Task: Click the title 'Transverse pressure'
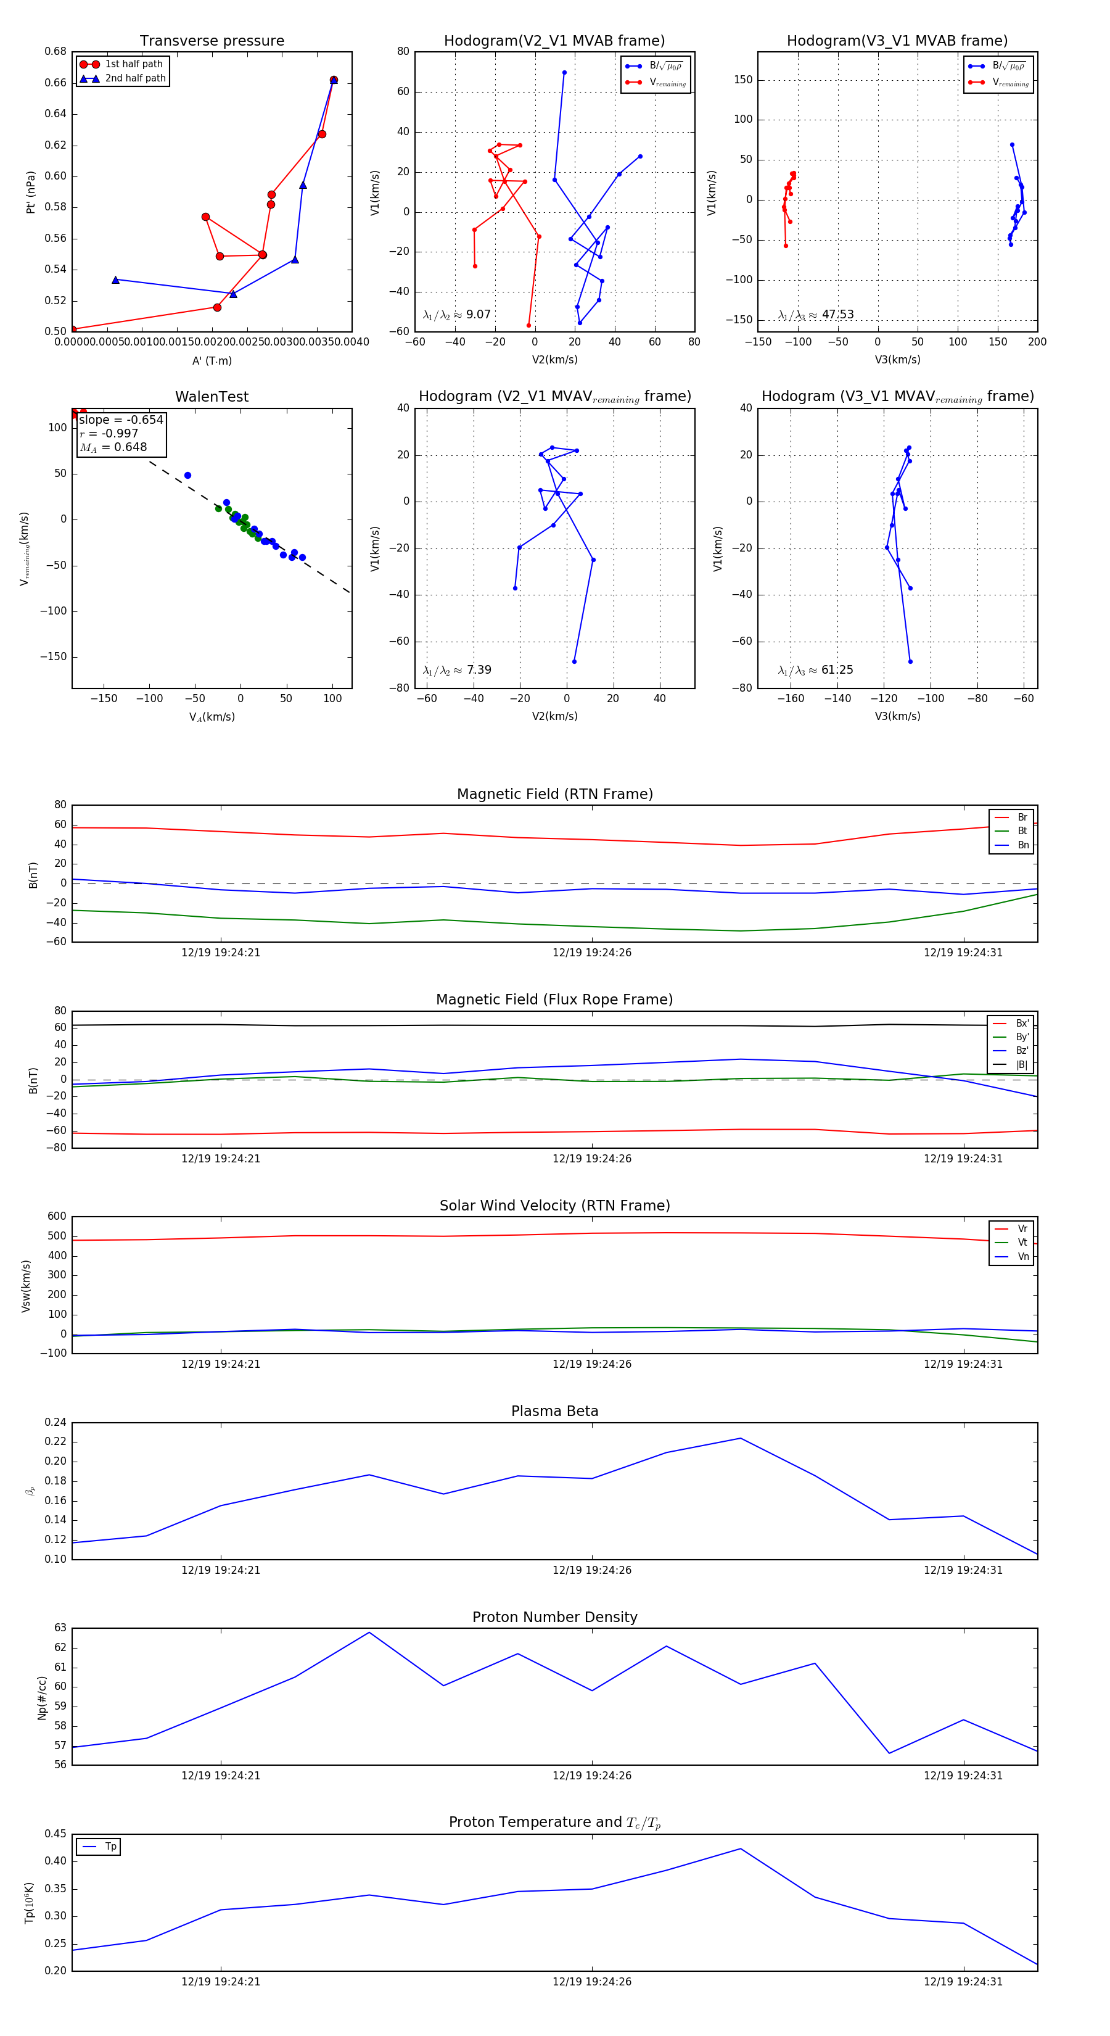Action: click(212, 41)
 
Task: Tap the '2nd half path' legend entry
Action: click(135, 78)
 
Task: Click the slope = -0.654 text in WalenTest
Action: click(121, 420)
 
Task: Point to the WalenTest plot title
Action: click(212, 397)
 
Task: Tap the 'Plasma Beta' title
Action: click(554, 1411)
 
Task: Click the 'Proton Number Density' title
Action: click(554, 1617)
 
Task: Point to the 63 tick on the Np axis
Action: click(60, 1628)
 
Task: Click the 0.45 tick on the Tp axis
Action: click(55, 1834)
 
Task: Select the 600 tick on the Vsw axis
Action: click(57, 1217)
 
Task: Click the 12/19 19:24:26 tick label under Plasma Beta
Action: click(592, 1570)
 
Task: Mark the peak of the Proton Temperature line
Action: click(740, 1848)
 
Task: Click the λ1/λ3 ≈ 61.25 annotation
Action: click(815, 670)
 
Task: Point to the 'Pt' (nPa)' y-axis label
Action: click(31, 192)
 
